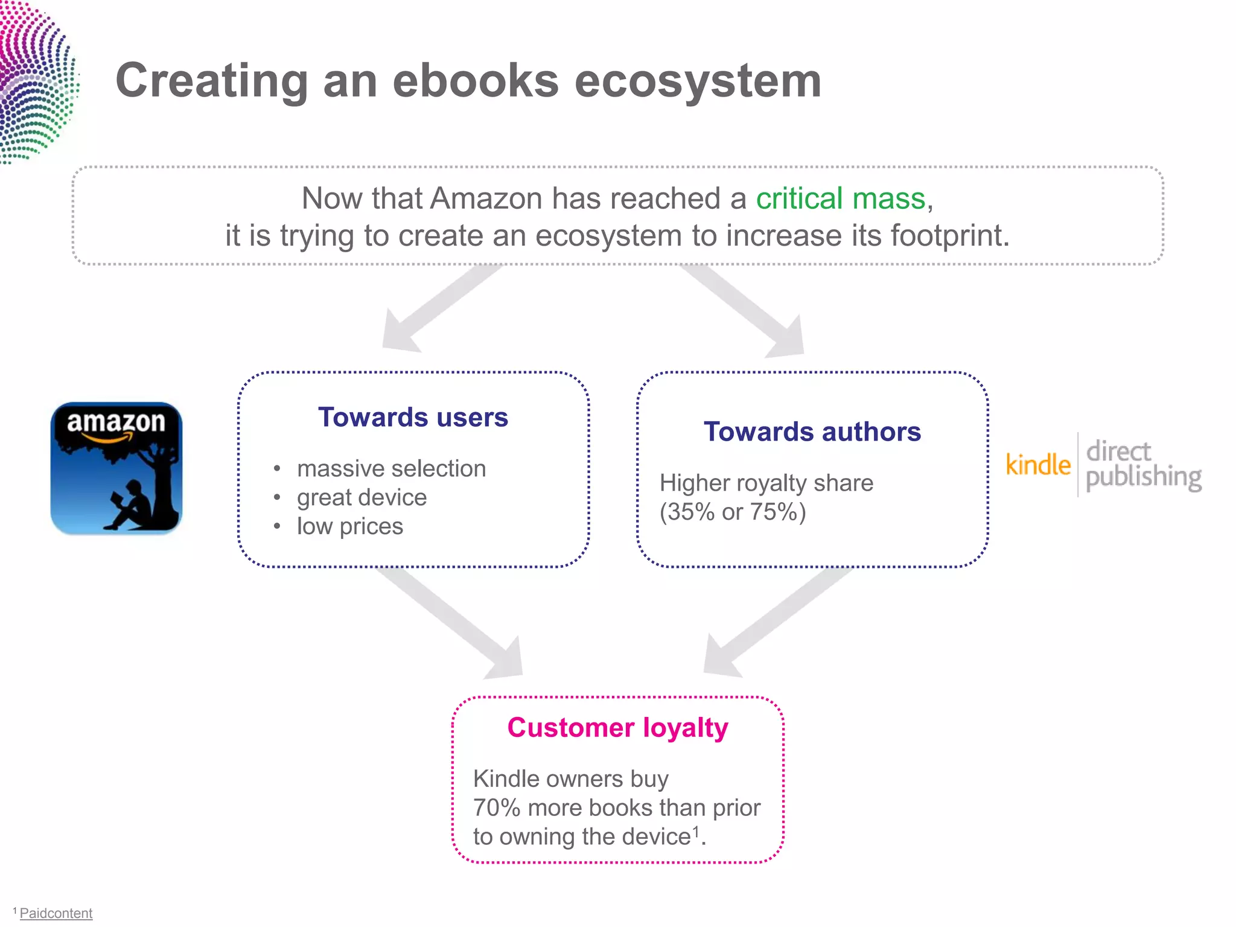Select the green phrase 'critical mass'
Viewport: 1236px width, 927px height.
pos(840,199)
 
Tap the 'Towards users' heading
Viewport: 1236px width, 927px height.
pos(413,418)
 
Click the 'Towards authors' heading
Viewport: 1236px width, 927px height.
pos(812,432)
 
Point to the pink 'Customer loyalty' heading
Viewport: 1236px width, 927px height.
pos(617,728)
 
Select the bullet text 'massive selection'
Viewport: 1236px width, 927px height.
pos(391,469)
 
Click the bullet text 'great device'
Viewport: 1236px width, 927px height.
pos(362,498)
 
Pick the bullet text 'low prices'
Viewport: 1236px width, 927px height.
pos(349,527)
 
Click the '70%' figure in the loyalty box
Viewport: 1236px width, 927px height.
pos(496,808)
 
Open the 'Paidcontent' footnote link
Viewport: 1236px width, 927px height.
pos(56,913)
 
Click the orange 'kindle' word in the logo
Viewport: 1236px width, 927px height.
pos(1038,465)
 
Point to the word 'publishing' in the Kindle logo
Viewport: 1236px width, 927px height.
pos(1143,477)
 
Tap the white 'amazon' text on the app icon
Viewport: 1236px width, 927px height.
pos(116,422)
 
